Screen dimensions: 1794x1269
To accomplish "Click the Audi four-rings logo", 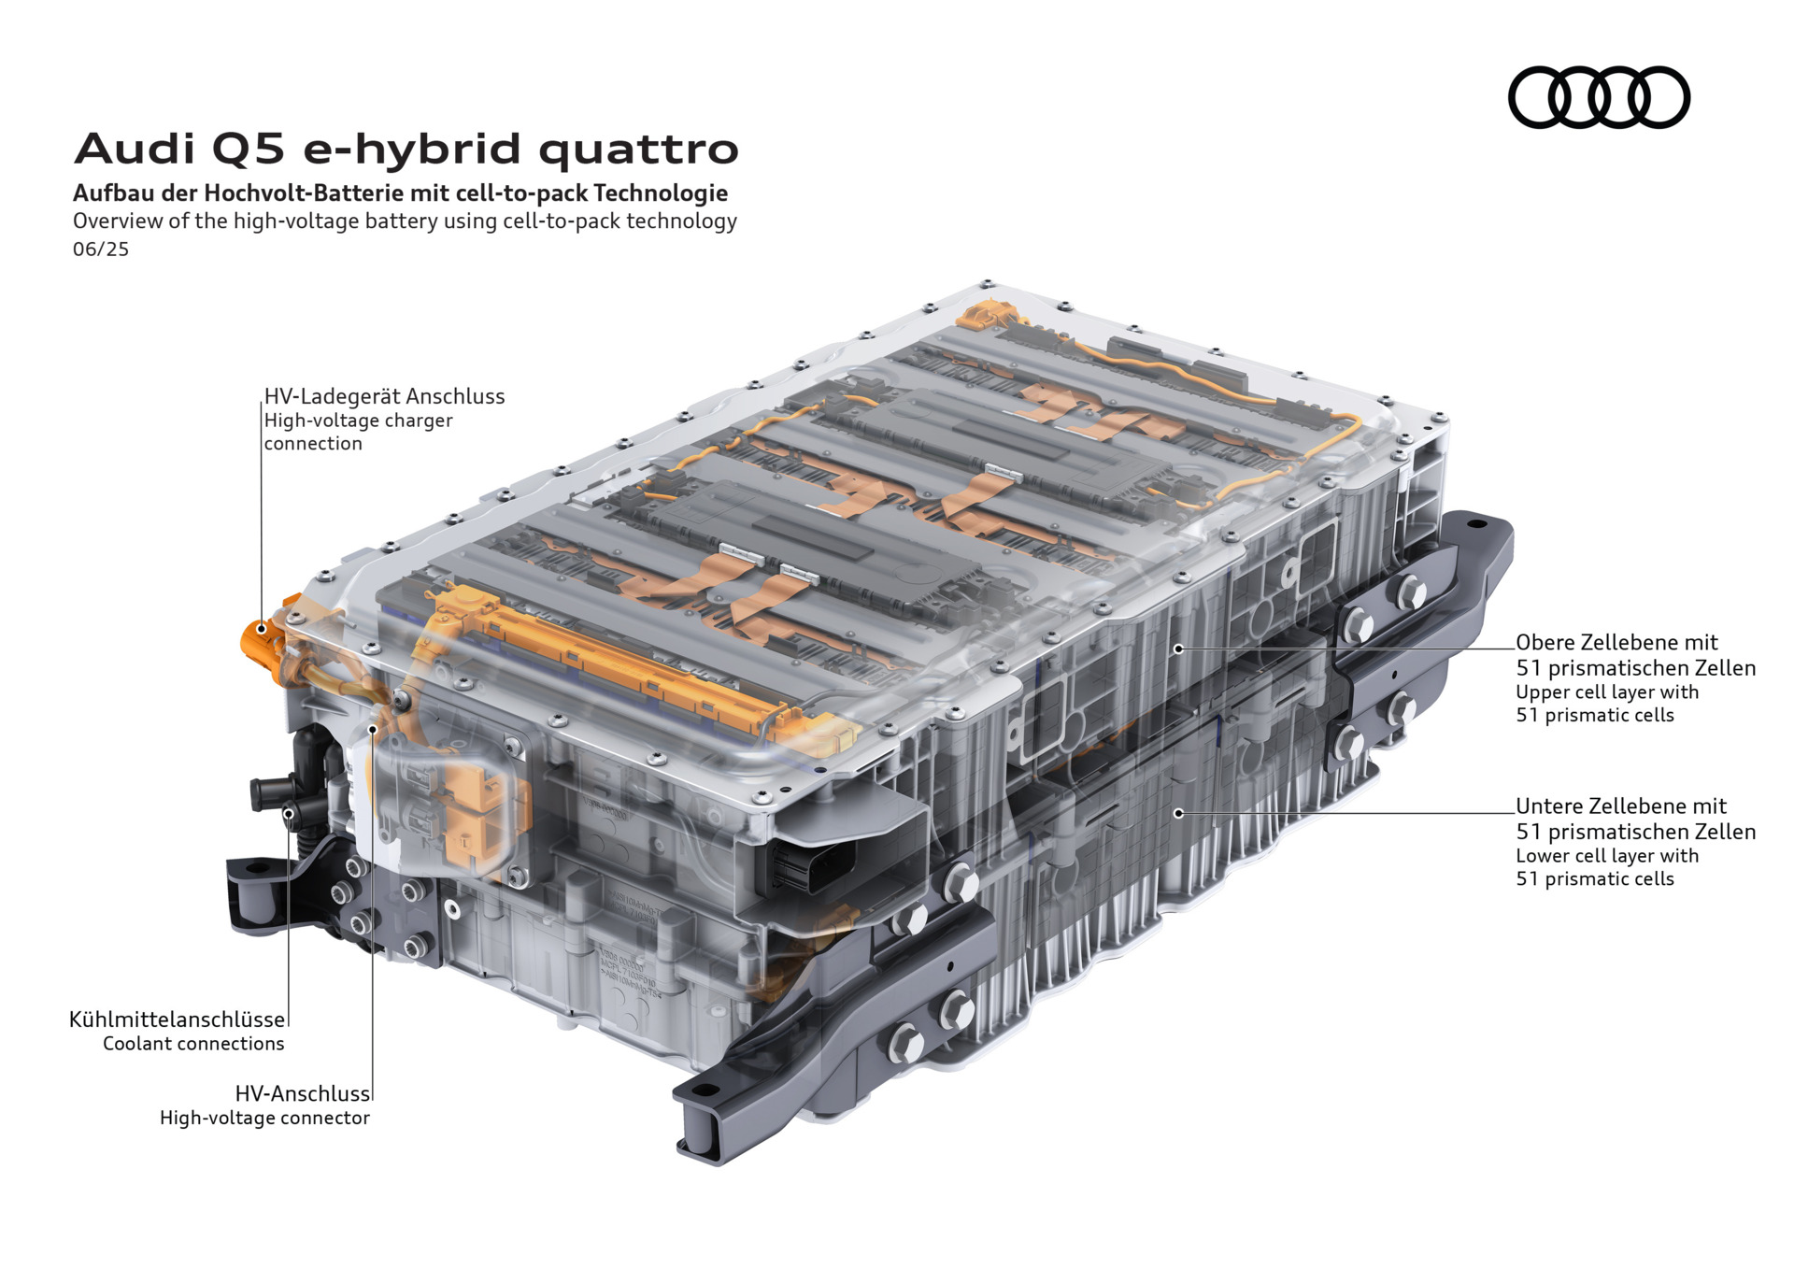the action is [x=1599, y=97].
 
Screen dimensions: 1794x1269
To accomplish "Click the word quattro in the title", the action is [x=639, y=150].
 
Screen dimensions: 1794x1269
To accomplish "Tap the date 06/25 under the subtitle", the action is [x=101, y=250].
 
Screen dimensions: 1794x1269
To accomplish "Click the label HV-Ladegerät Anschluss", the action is [x=384, y=396].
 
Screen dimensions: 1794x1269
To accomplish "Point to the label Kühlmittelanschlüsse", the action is [x=177, y=1019].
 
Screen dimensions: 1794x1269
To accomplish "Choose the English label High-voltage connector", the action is [x=264, y=1118].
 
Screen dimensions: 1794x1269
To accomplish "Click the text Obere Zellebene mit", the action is [x=1616, y=642].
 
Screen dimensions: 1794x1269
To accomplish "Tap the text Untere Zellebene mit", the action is [x=1621, y=806].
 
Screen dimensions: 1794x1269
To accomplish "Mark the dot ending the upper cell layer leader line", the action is [x=1179, y=649].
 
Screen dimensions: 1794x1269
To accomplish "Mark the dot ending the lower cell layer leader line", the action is [x=1179, y=813].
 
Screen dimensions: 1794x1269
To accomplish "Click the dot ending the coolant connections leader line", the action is [x=289, y=813].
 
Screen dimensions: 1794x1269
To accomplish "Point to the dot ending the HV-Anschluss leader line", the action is [x=372, y=729].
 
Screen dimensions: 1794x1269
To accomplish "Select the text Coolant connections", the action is [x=193, y=1044].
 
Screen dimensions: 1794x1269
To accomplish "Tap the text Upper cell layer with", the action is [x=1607, y=692].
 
